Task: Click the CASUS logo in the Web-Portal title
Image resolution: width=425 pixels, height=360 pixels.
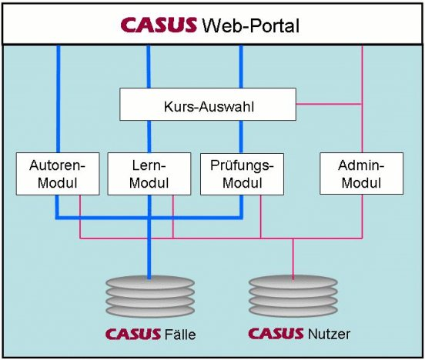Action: coord(159,25)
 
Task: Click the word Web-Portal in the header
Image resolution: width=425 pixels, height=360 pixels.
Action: coord(251,25)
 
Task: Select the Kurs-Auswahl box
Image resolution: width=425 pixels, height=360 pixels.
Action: coord(208,105)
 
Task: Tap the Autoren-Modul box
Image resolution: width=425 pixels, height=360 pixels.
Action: coord(58,174)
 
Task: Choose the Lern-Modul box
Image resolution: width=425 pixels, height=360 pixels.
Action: coord(149,174)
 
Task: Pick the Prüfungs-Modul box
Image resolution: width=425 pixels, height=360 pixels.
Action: coord(242,174)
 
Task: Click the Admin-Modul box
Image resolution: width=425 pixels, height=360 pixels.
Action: coord(362,173)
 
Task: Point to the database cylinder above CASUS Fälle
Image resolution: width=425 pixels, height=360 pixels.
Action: coord(150,297)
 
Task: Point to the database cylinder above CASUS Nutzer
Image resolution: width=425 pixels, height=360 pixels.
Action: coord(293,296)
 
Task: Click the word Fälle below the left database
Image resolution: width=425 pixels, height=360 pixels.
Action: coord(180,335)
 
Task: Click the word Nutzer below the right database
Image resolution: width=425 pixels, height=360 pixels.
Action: coord(329,334)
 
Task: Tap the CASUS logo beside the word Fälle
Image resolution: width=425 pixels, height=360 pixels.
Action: coord(133,335)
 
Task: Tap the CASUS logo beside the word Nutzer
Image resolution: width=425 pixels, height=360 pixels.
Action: coord(276,333)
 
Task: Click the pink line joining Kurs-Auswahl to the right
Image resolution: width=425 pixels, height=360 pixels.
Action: coord(329,104)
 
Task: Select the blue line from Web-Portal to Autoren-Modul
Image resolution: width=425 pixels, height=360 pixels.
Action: coord(59,99)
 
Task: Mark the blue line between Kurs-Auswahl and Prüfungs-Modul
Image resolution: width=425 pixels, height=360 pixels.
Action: coord(241,137)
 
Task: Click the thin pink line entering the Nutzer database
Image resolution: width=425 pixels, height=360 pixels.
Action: coord(293,259)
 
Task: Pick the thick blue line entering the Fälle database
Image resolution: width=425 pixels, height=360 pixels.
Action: coord(149,237)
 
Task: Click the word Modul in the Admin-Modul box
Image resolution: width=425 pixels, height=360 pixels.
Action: coord(361,182)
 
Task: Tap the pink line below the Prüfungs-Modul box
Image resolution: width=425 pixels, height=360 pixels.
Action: coord(261,217)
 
